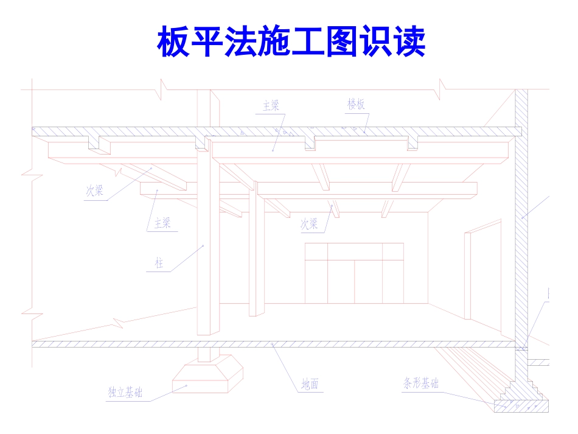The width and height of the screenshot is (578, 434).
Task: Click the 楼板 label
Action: [357, 105]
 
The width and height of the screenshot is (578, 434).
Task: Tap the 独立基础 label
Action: [125, 393]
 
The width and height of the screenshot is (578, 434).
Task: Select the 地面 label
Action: [310, 384]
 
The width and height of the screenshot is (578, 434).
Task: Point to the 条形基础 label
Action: [420, 383]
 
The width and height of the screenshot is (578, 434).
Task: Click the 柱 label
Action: [159, 264]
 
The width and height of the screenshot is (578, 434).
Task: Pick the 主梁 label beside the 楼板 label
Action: [271, 106]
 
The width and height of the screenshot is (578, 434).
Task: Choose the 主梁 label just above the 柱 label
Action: [162, 223]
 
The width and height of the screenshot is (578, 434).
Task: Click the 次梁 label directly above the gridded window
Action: [309, 224]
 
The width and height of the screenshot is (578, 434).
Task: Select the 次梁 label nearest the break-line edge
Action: [94, 191]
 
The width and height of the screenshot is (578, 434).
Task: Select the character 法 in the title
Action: [240, 42]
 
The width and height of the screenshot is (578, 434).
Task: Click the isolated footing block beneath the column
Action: [207, 375]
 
